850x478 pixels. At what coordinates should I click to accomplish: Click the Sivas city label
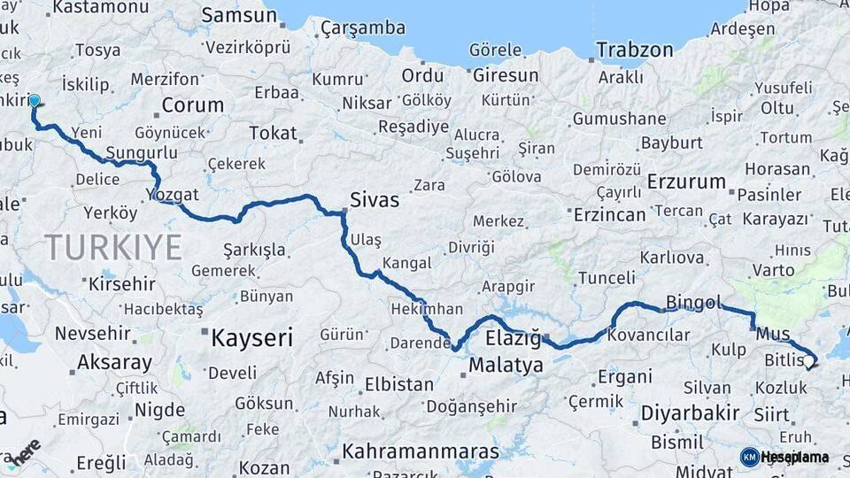point(375,200)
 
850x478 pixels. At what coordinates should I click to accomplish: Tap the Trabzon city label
point(635,50)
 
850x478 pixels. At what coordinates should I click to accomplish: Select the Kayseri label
point(251,337)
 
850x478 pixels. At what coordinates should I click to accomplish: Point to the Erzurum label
point(686,182)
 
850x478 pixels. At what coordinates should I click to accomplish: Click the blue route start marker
point(35,101)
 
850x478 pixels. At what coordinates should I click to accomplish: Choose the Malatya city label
point(506,365)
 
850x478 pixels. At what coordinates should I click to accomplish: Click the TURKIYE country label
point(113,247)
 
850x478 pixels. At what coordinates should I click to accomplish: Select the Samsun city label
point(239,16)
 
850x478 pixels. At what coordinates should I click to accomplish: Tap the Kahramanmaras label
point(421,451)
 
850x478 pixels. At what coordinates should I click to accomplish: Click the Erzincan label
point(609,215)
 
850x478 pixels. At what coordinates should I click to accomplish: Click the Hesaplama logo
point(784,457)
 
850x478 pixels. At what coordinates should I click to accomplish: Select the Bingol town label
point(693,303)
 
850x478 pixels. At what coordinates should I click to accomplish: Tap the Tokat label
point(273,133)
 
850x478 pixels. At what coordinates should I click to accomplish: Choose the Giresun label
point(506,76)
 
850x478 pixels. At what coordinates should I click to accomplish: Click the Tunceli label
point(607,278)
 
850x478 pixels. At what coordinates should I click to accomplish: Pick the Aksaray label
point(114,362)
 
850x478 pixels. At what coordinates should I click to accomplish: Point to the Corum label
point(193,105)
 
